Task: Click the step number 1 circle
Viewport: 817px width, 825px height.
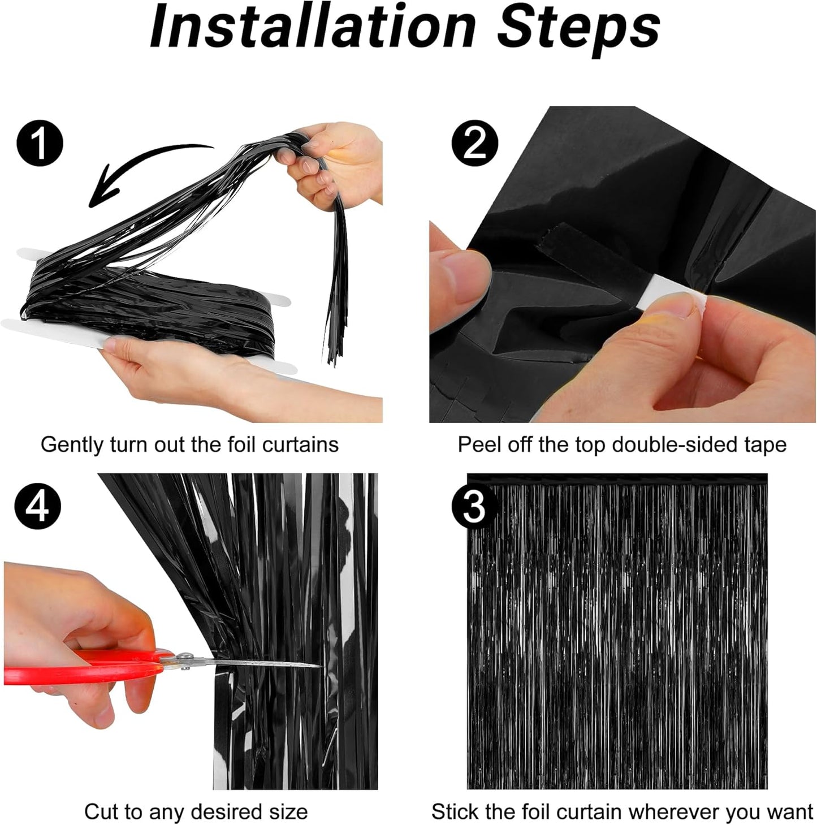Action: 39,144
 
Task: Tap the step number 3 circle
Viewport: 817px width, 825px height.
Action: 474,507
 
